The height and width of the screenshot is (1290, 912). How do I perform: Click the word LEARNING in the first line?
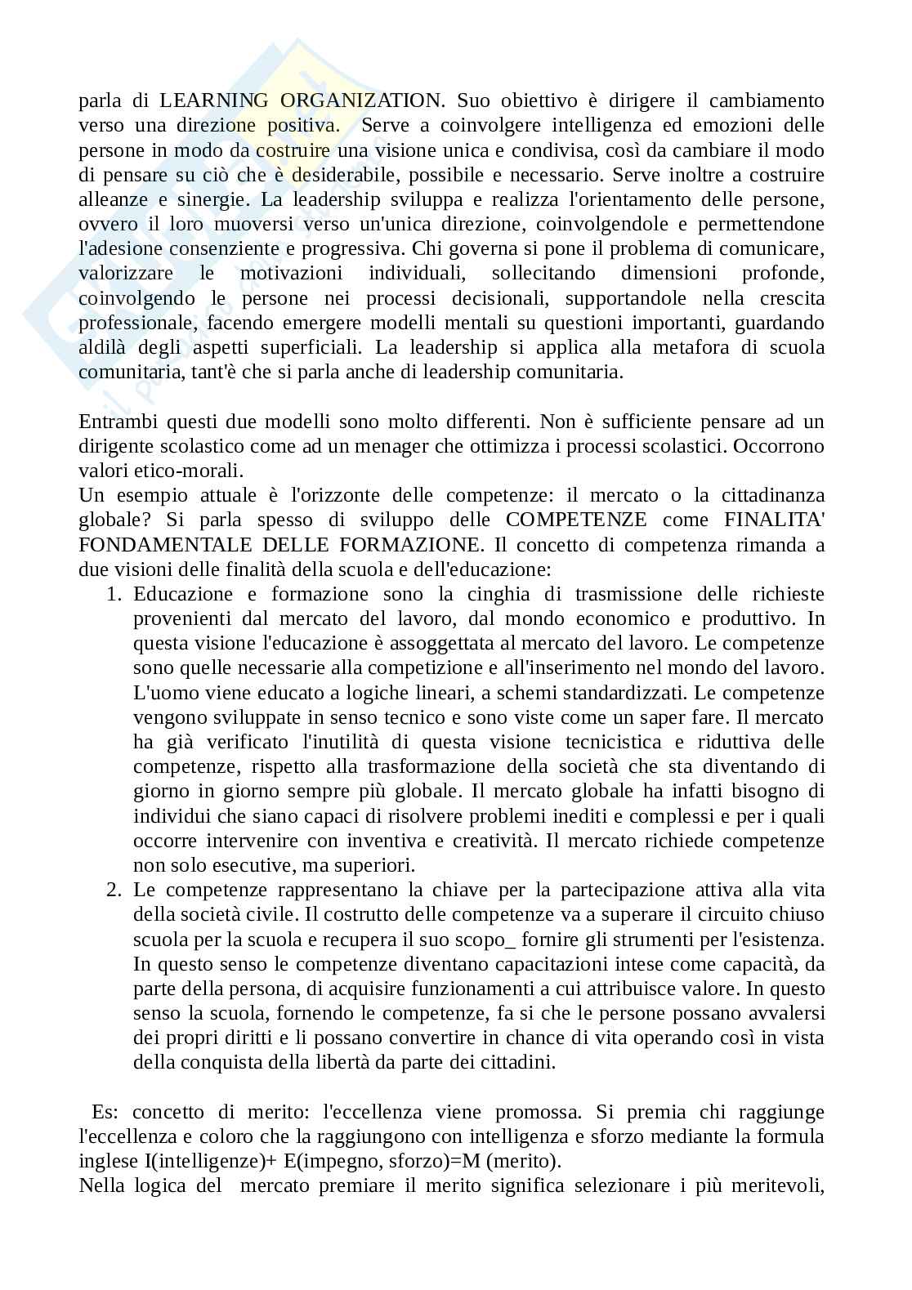[x=214, y=100]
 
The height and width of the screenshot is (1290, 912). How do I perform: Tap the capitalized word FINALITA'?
[x=774, y=520]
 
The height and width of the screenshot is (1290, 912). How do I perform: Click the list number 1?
[x=114, y=594]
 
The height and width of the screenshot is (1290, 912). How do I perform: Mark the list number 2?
[x=114, y=890]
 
